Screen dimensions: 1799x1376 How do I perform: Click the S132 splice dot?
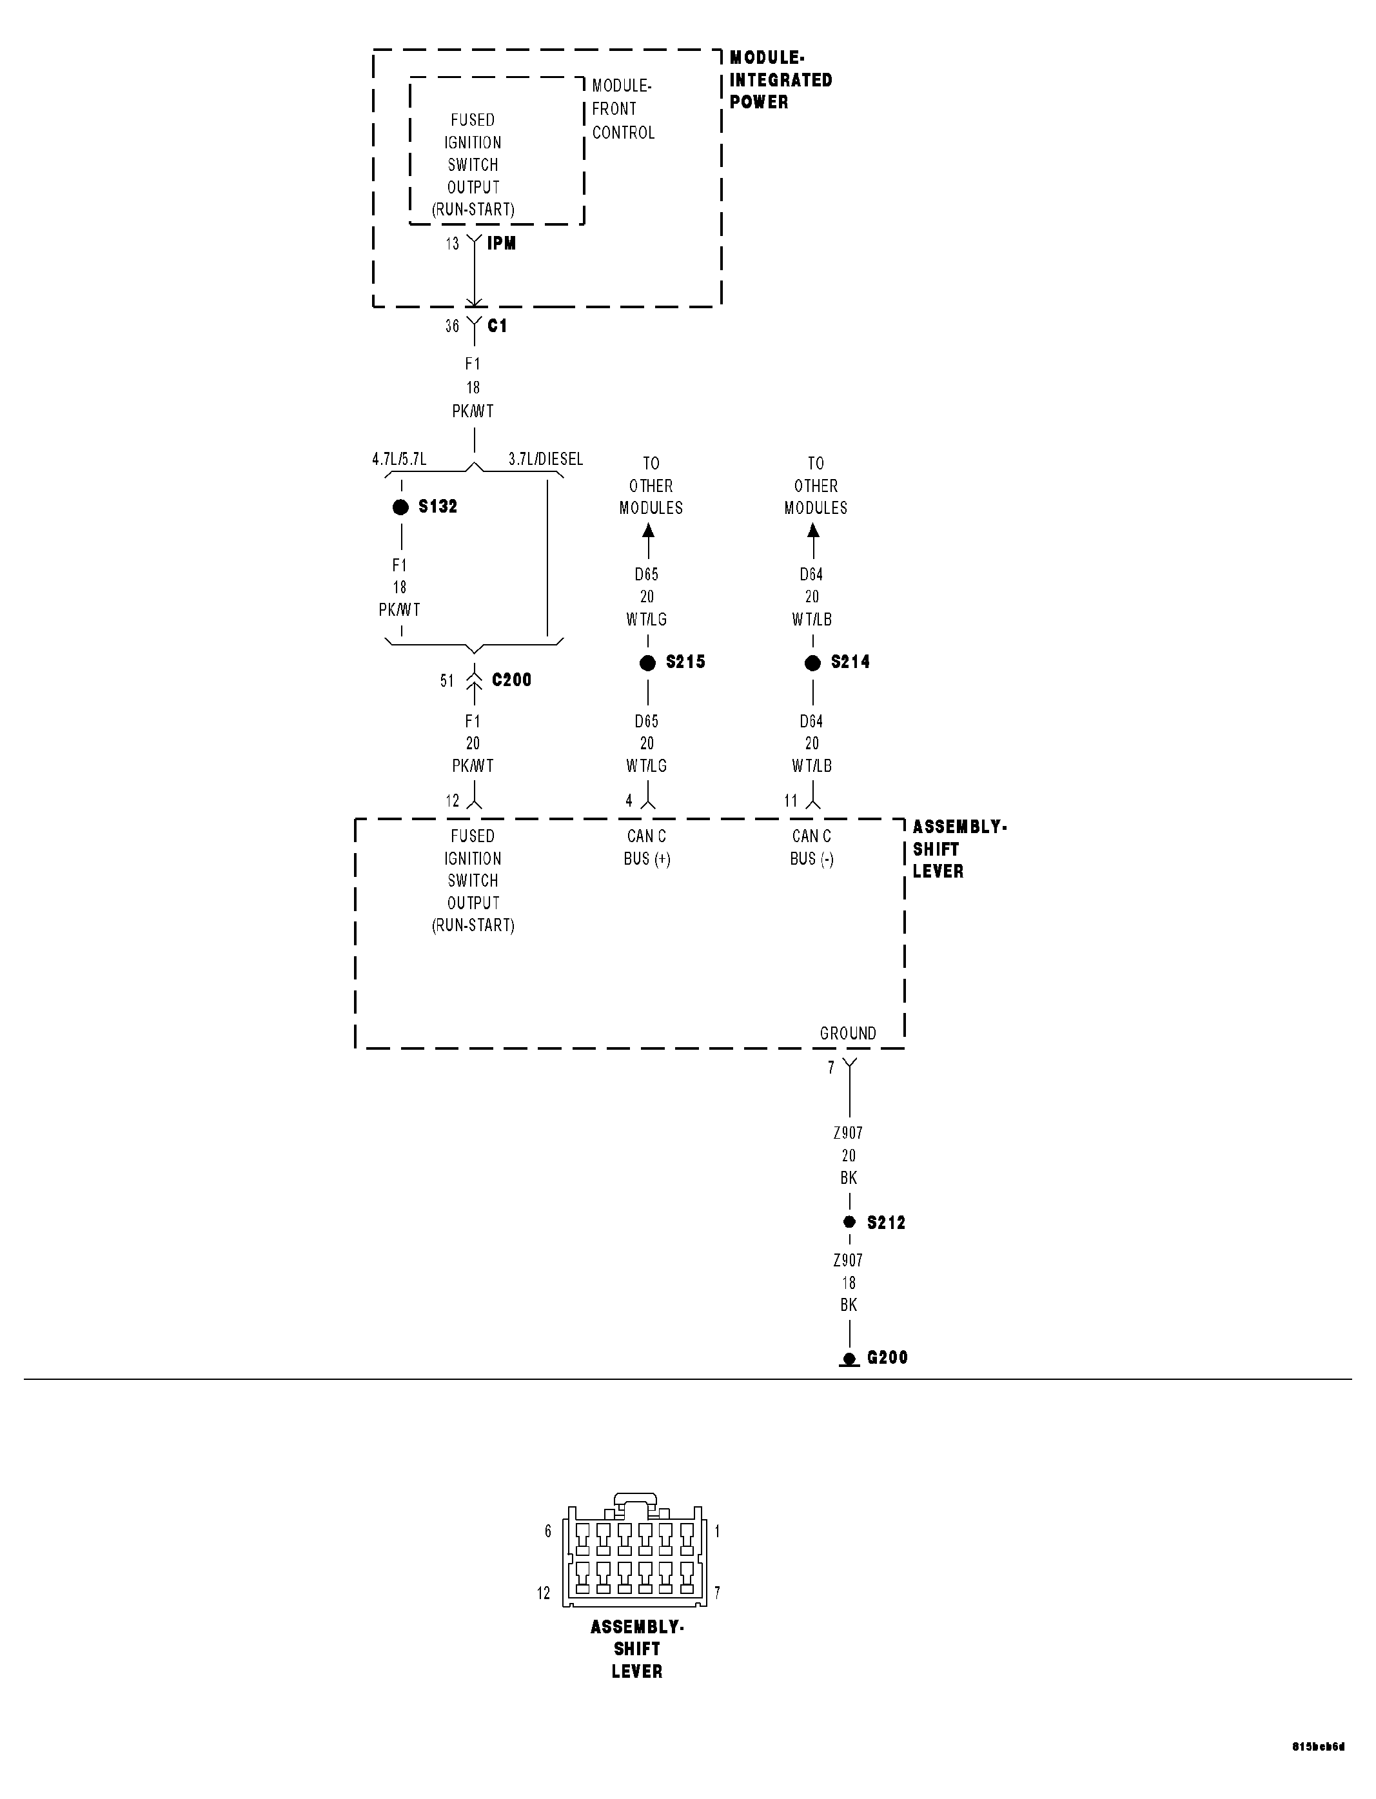coord(400,507)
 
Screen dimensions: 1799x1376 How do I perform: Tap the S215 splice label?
coord(685,662)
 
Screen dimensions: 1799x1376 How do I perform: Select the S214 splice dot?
coord(812,664)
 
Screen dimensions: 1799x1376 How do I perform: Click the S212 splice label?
coord(886,1223)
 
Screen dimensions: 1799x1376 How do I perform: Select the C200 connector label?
coord(511,680)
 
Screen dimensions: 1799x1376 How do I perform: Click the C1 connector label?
coord(497,326)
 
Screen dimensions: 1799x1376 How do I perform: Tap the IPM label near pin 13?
coord(501,243)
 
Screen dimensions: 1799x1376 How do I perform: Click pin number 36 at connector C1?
coord(452,327)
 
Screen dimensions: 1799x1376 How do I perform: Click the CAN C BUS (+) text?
coord(647,847)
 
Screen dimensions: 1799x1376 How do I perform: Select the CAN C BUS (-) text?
coord(812,847)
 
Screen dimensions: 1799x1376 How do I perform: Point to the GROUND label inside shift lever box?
coord(848,1034)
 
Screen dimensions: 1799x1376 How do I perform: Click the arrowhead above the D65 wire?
coord(649,531)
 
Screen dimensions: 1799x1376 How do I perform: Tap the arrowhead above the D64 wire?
coord(813,531)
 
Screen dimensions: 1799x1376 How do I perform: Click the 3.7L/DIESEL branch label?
coord(545,459)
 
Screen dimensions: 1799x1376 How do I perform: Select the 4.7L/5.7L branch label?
coord(399,459)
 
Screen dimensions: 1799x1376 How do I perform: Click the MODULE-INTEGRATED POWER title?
coord(780,80)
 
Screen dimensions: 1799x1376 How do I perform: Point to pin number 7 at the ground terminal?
coord(831,1068)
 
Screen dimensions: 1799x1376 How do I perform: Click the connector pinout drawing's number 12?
coord(544,1593)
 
